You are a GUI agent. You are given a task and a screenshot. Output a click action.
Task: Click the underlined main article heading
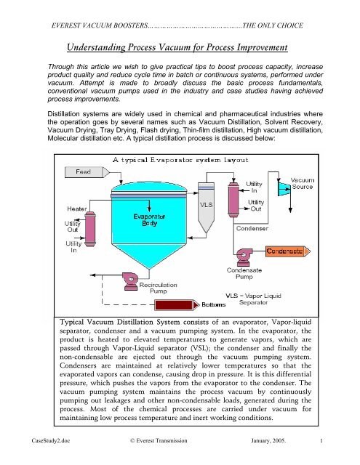(179, 49)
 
